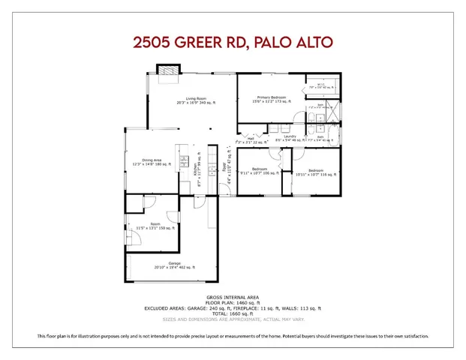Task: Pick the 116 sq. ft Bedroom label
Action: (315, 172)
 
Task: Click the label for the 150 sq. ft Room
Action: (155, 226)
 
